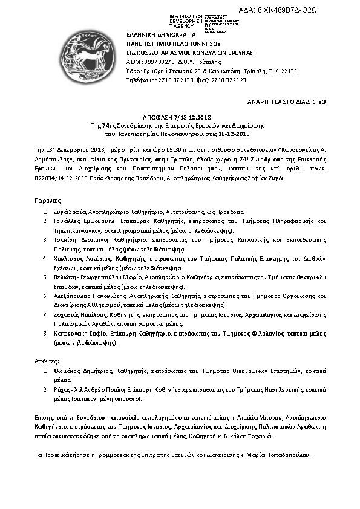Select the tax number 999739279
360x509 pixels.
tap(154, 61)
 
